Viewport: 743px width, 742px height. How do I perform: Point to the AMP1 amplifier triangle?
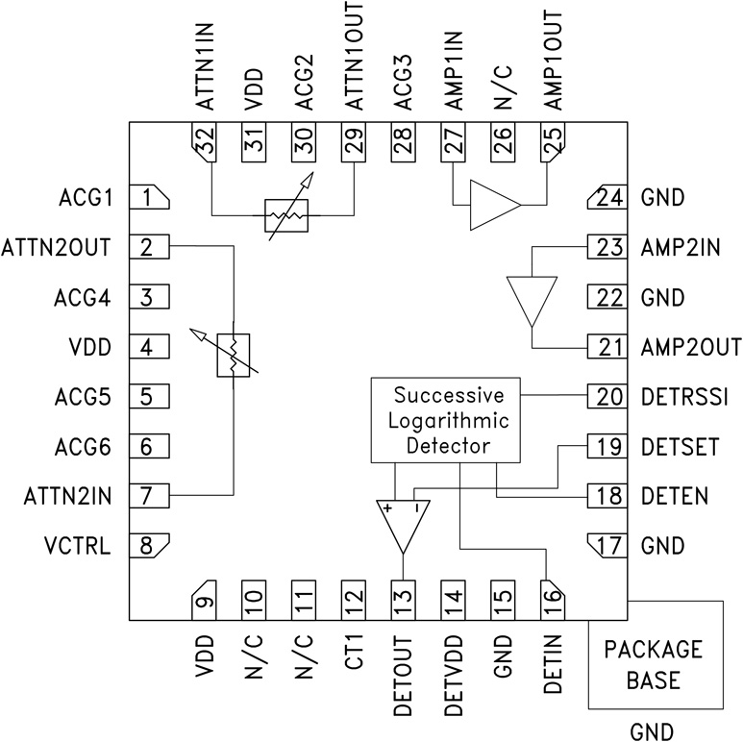[x=494, y=205]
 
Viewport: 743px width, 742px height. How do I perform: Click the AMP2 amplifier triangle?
[x=532, y=298]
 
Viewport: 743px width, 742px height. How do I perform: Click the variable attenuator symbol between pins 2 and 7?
[x=234, y=357]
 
